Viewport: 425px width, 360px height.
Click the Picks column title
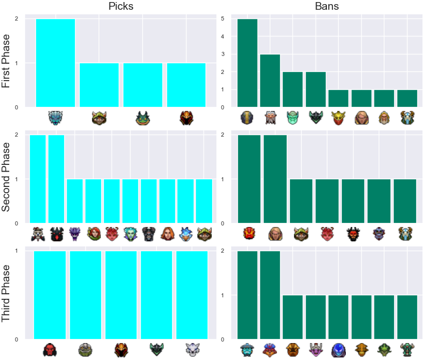point(121,6)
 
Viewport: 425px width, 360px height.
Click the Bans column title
point(327,6)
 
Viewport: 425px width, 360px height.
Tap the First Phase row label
point(6,61)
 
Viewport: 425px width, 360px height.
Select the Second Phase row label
point(6,177)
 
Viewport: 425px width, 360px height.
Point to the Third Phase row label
point(6,293)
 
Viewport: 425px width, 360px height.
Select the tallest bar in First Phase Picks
point(56,63)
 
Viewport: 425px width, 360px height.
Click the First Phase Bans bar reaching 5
point(248,63)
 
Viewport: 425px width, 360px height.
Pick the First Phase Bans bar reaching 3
point(270,81)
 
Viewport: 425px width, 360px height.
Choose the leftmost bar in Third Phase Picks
point(50,295)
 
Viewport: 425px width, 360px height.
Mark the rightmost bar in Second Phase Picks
point(204,201)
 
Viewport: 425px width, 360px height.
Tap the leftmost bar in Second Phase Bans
point(249,179)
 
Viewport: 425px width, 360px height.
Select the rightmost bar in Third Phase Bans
point(407,317)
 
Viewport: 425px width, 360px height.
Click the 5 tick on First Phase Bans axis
point(223,18)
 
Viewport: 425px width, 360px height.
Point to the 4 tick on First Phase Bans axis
point(223,36)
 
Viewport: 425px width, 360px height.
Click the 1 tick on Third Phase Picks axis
point(16,251)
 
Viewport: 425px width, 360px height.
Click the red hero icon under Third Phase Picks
point(50,350)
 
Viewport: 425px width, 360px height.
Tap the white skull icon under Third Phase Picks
point(192,350)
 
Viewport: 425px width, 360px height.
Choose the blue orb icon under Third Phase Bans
point(339,350)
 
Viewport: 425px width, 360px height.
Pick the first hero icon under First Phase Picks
point(56,118)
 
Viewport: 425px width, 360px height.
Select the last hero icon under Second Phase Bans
point(405,234)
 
